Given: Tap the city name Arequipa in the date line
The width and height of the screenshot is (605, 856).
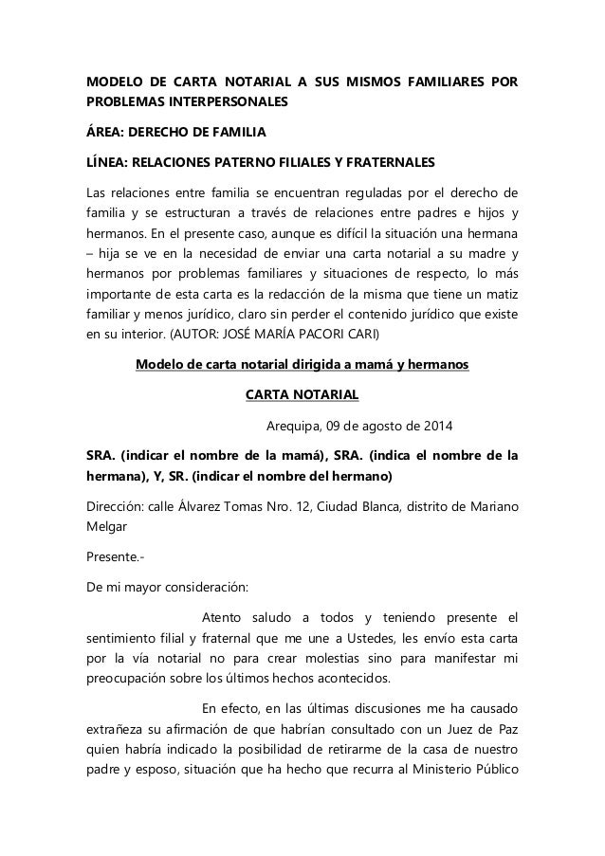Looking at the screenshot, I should [296, 424].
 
